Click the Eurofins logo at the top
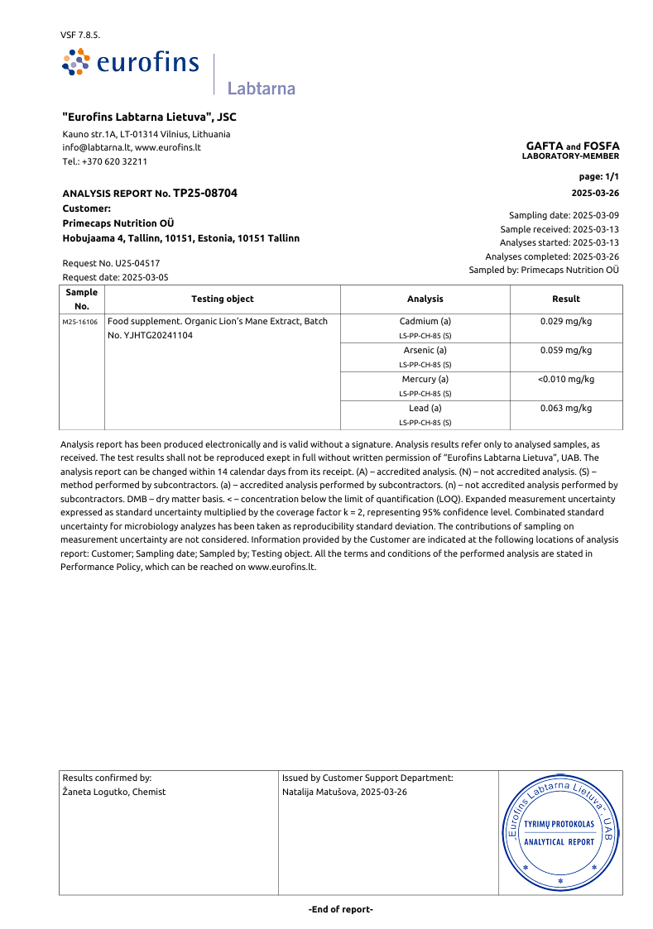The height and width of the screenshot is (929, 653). [x=131, y=63]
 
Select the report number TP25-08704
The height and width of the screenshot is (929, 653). [x=204, y=193]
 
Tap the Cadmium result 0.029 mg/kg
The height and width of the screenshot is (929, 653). [x=565, y=321]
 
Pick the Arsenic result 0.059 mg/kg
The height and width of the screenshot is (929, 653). [x=565, y=350]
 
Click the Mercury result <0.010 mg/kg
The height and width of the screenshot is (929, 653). [x=565, y=379]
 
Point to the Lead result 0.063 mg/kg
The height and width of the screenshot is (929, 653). [x=565, y=408]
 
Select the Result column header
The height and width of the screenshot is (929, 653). [x=565, y=299]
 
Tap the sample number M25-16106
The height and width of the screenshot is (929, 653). [x=80, y=322]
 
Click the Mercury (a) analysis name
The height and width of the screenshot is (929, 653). [x=425, y=379]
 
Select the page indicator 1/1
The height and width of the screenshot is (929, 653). [x=612, y=177]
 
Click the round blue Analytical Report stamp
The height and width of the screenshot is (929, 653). [x=559, y=832]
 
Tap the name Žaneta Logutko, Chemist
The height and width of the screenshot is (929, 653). [x=113, y=792]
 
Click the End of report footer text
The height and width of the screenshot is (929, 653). [x=340, y=909]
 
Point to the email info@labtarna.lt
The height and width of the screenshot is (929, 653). [x=96, y=147]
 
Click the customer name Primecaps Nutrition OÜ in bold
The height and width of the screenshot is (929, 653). [x=118, y=223]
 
